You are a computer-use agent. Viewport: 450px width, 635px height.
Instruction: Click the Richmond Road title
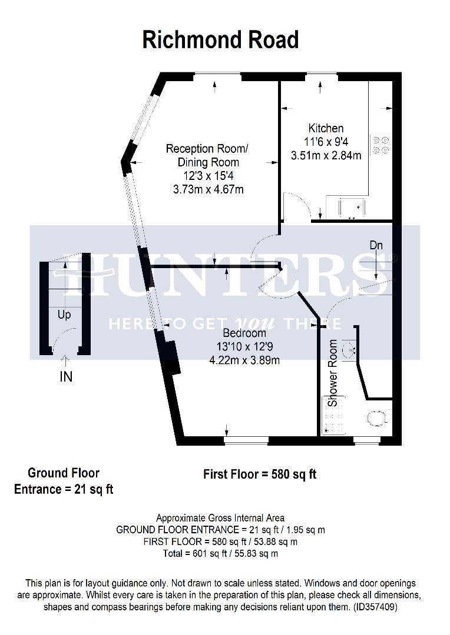pos(221,40)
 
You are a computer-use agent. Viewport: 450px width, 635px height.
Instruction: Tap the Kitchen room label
pos(326,128)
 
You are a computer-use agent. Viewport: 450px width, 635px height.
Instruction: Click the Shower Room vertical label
pos(333,373)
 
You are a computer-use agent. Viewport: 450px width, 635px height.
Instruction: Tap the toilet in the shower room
pos(377,418)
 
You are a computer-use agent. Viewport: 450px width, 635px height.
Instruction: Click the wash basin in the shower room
pos(350,350)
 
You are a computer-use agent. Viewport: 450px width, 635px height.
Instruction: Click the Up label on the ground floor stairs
pos(64,315)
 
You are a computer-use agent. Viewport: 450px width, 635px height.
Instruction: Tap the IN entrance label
pos(66,377)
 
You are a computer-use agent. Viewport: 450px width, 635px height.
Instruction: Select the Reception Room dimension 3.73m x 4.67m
pos(208,189)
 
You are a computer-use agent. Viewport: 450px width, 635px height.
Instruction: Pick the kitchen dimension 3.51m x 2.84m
pos(326,156)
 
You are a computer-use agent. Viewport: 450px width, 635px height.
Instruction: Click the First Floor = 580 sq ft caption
pos(260,474)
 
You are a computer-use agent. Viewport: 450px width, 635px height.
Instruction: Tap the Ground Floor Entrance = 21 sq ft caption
pos(64,481)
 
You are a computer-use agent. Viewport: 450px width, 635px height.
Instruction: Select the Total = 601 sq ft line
pos(220,553)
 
